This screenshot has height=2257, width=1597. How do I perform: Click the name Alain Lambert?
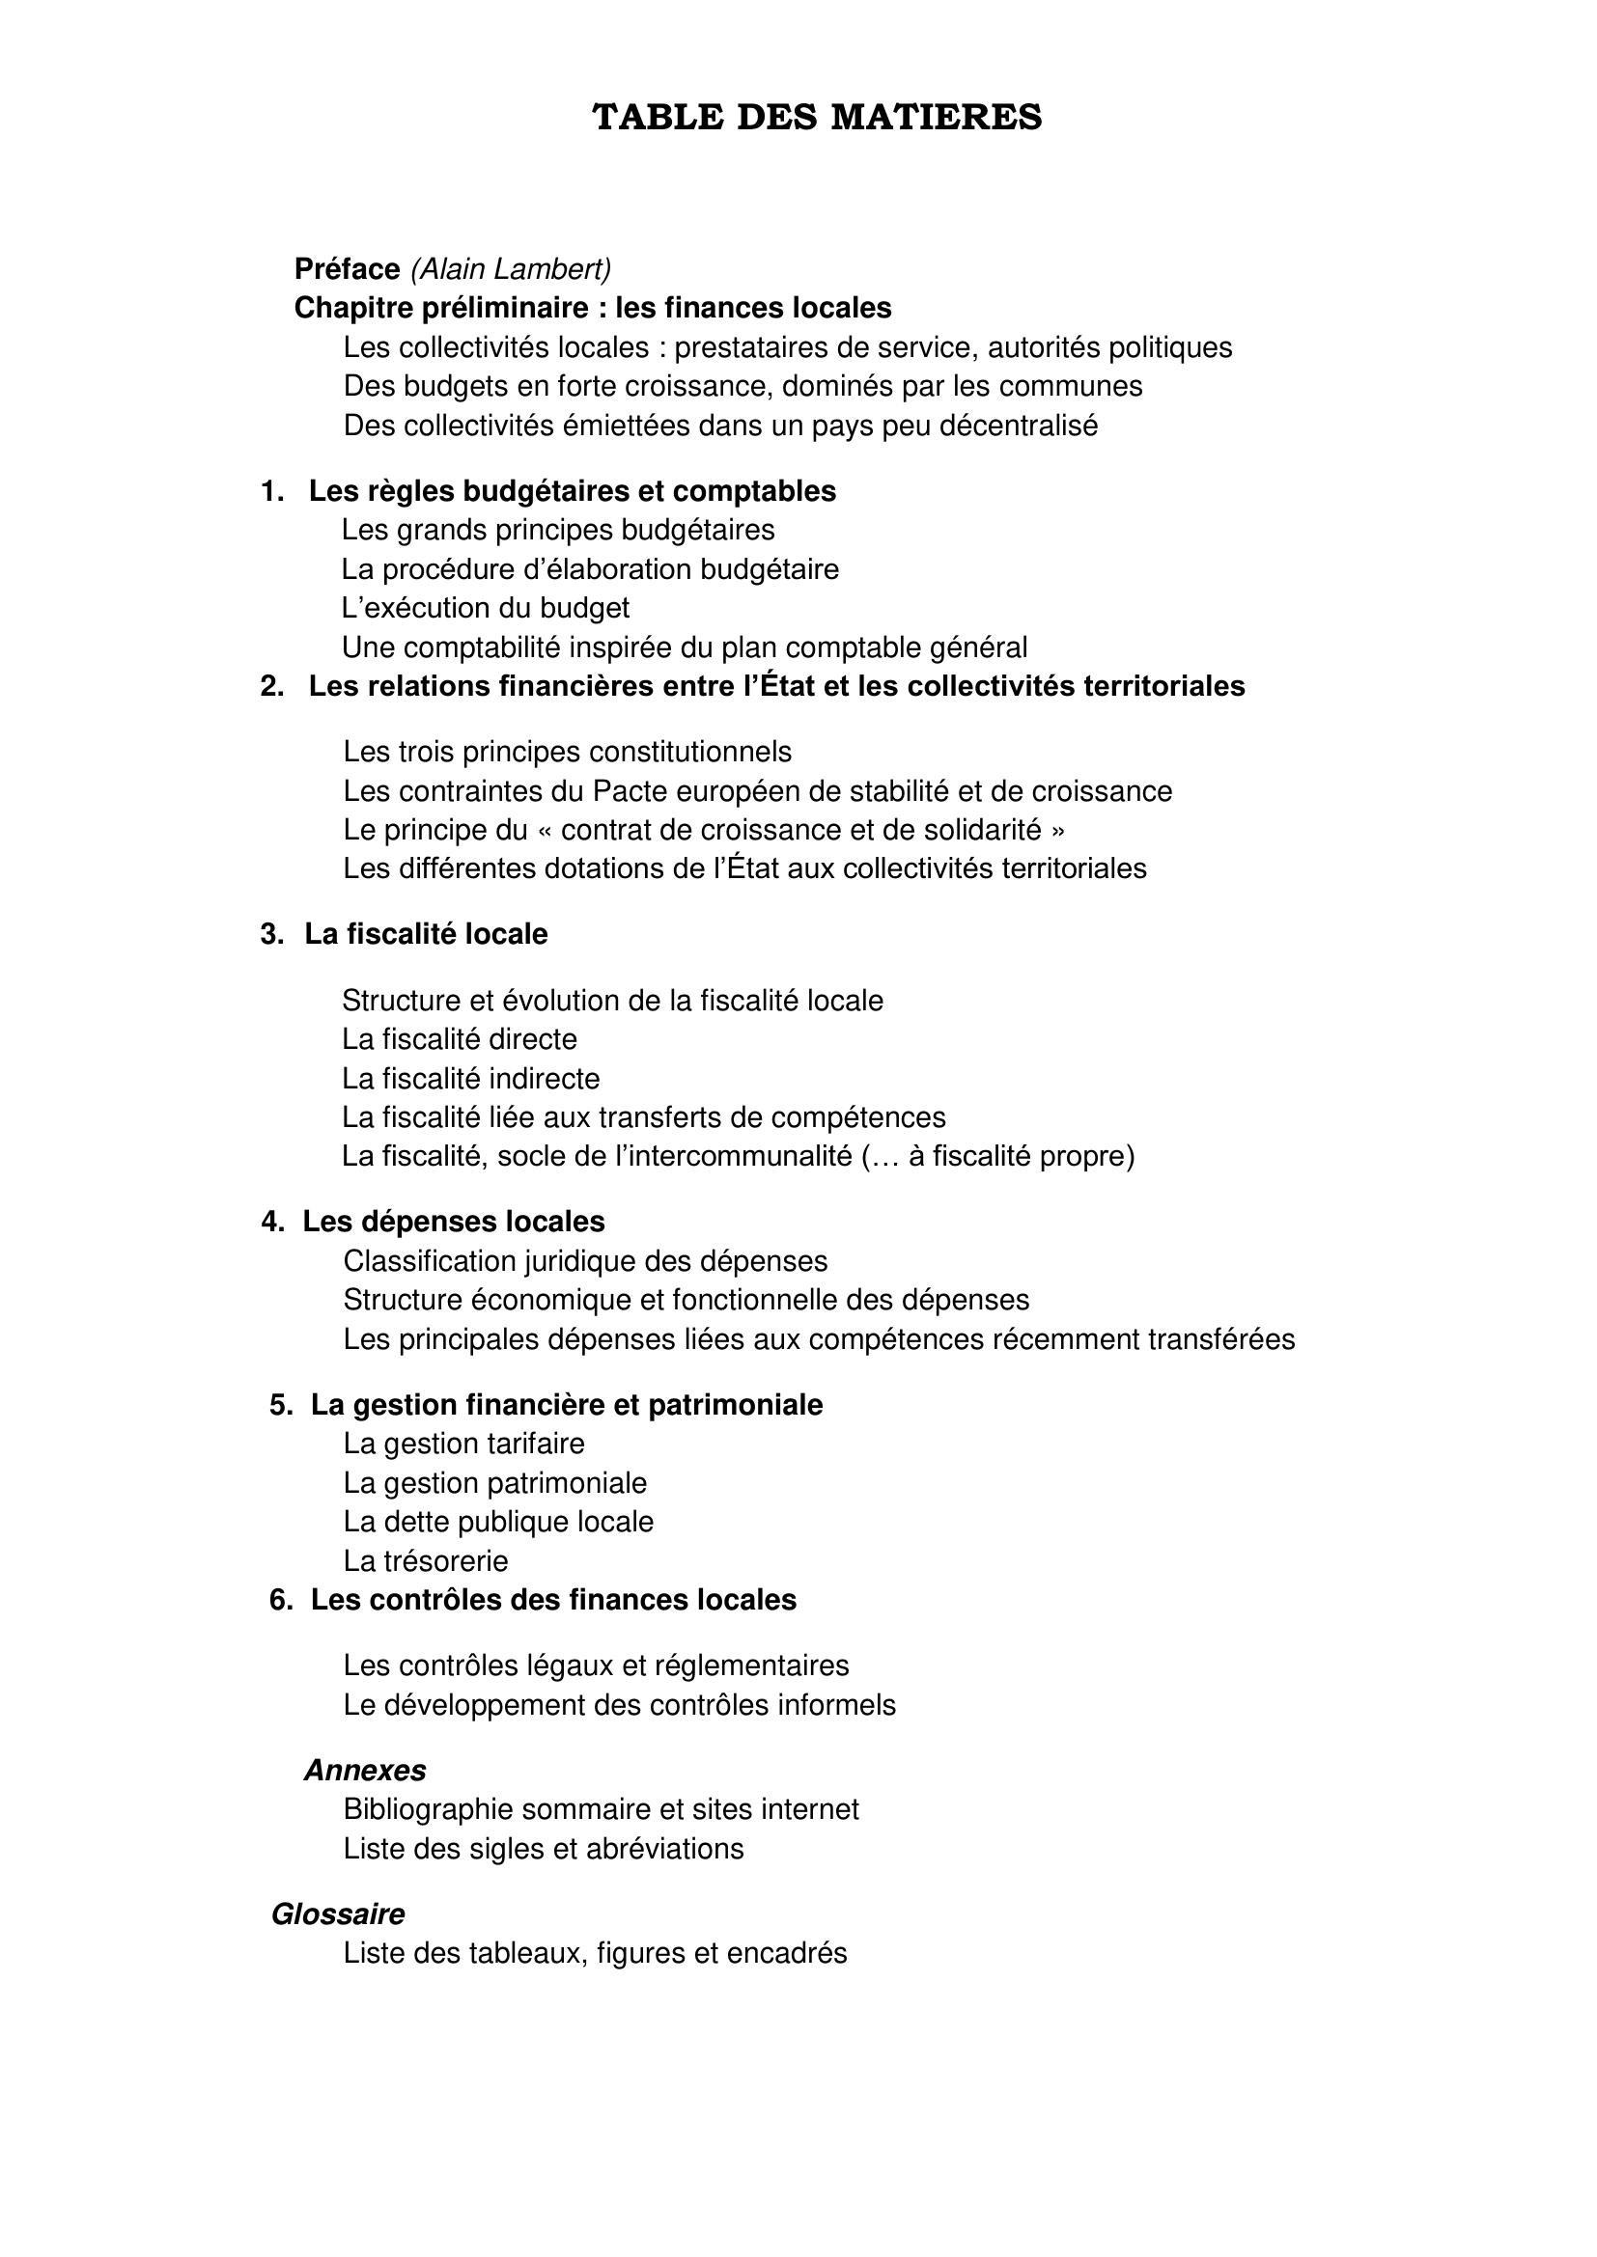pyautogui.click(x=511, y=268)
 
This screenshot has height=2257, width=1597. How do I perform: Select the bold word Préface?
pyautogui.click(x=348, y=268)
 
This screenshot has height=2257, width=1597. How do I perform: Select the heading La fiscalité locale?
pyautogui.click(x=426, y=933)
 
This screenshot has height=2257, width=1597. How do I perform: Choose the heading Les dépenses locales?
pyautogui.click(x=454, y=1221)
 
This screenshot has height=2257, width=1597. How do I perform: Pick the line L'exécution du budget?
pyautogui.click(x=486, y=608)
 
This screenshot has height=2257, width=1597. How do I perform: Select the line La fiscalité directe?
pyautogui.click(x=460, y=1039)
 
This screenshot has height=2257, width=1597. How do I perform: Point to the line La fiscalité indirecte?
pyautogui.click(x=470, y=1079)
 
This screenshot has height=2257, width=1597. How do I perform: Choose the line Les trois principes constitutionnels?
pyautogui.click(x=568, y=751)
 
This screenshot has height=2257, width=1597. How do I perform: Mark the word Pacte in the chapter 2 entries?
pyautogui.click(x=629, y=790)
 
